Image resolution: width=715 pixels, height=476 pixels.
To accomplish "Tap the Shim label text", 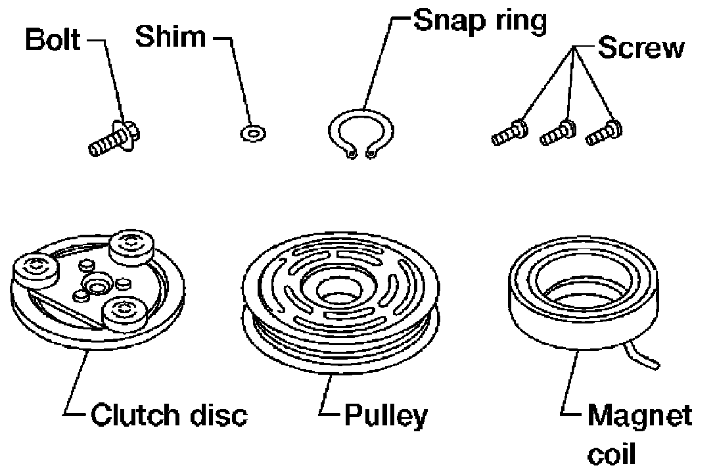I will pyautogui.click(x=170, y=37).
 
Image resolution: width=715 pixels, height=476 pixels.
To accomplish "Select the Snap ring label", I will pyautogui.click(x=480, y=22).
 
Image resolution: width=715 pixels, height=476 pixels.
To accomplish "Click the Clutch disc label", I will pyautogui.click(x=168, y=415).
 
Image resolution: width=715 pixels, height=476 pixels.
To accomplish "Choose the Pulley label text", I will pyautogui.click(x=386, y=416).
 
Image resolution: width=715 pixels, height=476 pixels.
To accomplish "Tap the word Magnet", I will pyautogui.click(x=639, y=416).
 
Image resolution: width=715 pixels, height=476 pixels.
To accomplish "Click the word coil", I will pyautogui.click(x=613, y=454).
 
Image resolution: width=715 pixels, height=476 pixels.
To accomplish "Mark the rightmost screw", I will pyautogui.click(x=603, y=132).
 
